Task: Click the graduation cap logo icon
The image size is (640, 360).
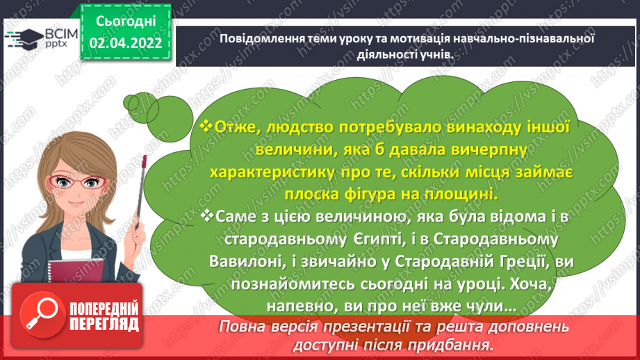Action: click(25, 38)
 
